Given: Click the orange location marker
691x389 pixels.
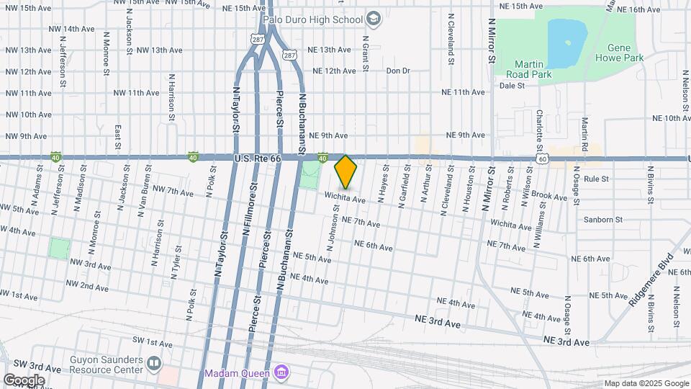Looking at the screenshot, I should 346,171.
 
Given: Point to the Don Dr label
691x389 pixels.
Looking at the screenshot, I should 397,71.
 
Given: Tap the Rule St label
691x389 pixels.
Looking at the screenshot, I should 597,178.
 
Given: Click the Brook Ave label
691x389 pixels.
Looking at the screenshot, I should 551,196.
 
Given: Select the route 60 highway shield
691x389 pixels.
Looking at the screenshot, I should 542,158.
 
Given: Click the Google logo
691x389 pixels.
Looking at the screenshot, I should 23,380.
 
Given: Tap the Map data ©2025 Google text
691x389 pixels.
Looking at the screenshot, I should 646,383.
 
